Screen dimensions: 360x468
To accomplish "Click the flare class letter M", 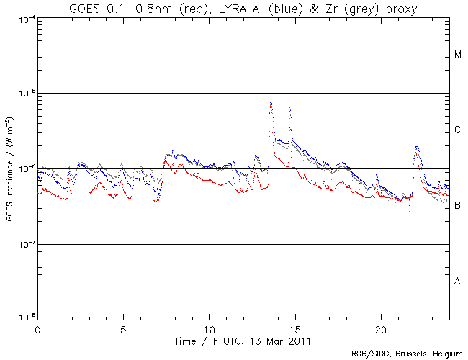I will tap(457, 55).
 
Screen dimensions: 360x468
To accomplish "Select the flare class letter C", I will tap(457, 130).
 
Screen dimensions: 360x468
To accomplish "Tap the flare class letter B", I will tap(457, 206).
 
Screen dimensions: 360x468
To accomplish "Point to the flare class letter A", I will tap(457, 281).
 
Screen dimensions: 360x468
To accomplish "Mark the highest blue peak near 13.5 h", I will tap(270, 102).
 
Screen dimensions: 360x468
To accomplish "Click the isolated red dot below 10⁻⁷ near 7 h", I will tap(153, 261).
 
